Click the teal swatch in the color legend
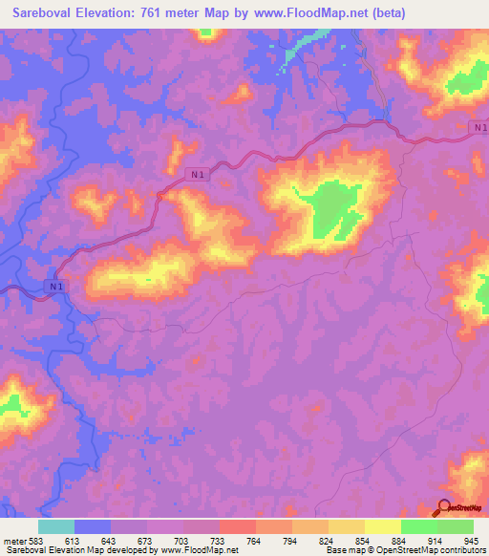click(56, 526)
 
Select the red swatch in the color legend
click(238, 526)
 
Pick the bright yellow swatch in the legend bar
click(383, 526)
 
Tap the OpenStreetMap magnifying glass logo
click(444, 508)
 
